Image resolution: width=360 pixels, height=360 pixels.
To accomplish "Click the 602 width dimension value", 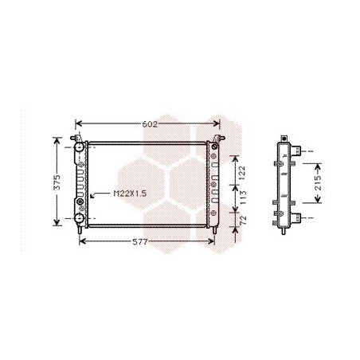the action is [x=150, y=124].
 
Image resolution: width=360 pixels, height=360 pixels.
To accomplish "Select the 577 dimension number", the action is [x=139, y=242].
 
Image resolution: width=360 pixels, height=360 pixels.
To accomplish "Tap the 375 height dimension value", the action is [x=57, y=182].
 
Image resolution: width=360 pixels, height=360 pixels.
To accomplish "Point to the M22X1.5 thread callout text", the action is [x=130, y=194].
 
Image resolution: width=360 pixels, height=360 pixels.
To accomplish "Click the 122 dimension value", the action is [x=242, y=173].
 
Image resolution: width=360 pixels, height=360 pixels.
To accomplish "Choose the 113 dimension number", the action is [x=242, y=198].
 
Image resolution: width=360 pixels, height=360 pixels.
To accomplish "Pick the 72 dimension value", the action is [x=243, y=221].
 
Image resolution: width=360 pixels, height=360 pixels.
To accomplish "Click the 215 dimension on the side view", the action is [x=318, y=183].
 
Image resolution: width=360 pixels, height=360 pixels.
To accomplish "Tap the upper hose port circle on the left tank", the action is [x=79, y=147].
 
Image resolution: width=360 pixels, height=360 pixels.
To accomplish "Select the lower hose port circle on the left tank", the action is [x=79, y=218].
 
